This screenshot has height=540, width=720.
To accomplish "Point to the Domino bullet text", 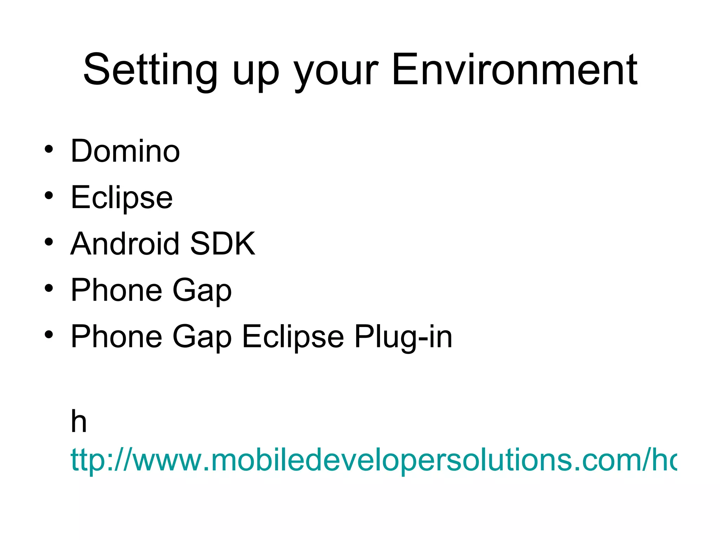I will coord(125,151).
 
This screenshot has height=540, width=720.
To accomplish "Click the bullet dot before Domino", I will coord(49,149).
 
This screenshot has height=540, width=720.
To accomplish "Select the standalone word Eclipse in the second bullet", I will coord(122,198).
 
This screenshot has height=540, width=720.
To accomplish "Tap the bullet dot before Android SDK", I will coord(49,242).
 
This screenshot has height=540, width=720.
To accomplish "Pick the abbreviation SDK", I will coord(223,244).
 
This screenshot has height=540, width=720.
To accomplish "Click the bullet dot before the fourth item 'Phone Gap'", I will coord(49,288).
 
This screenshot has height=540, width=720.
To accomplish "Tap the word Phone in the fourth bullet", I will coord(116,290).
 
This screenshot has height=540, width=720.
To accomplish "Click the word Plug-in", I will coord(403,337).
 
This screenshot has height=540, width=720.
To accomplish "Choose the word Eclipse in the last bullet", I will coord(293,337).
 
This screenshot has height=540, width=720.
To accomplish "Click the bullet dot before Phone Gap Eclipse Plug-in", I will coord(49,335).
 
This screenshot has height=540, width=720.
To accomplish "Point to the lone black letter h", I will coord(79,422).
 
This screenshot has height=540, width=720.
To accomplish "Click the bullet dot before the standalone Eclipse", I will coord(49,195).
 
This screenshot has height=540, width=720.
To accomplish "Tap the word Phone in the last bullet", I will coord(116,336).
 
